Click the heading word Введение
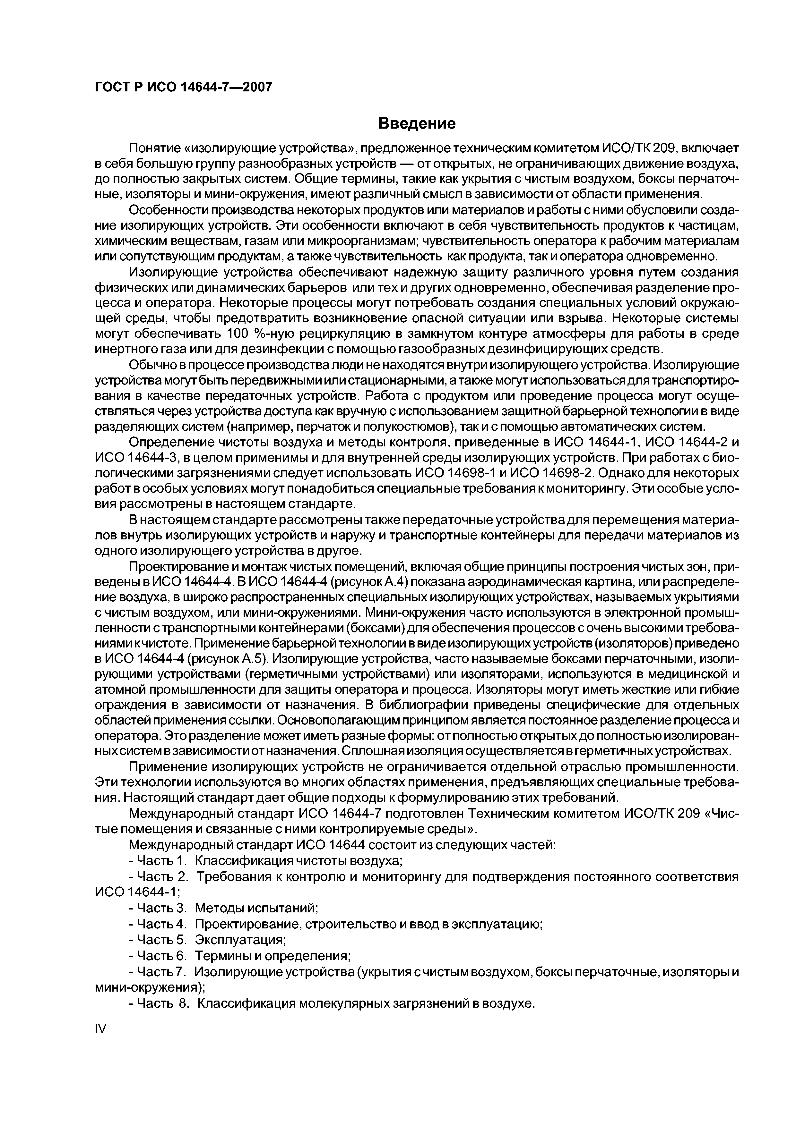(x=417, y=123)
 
